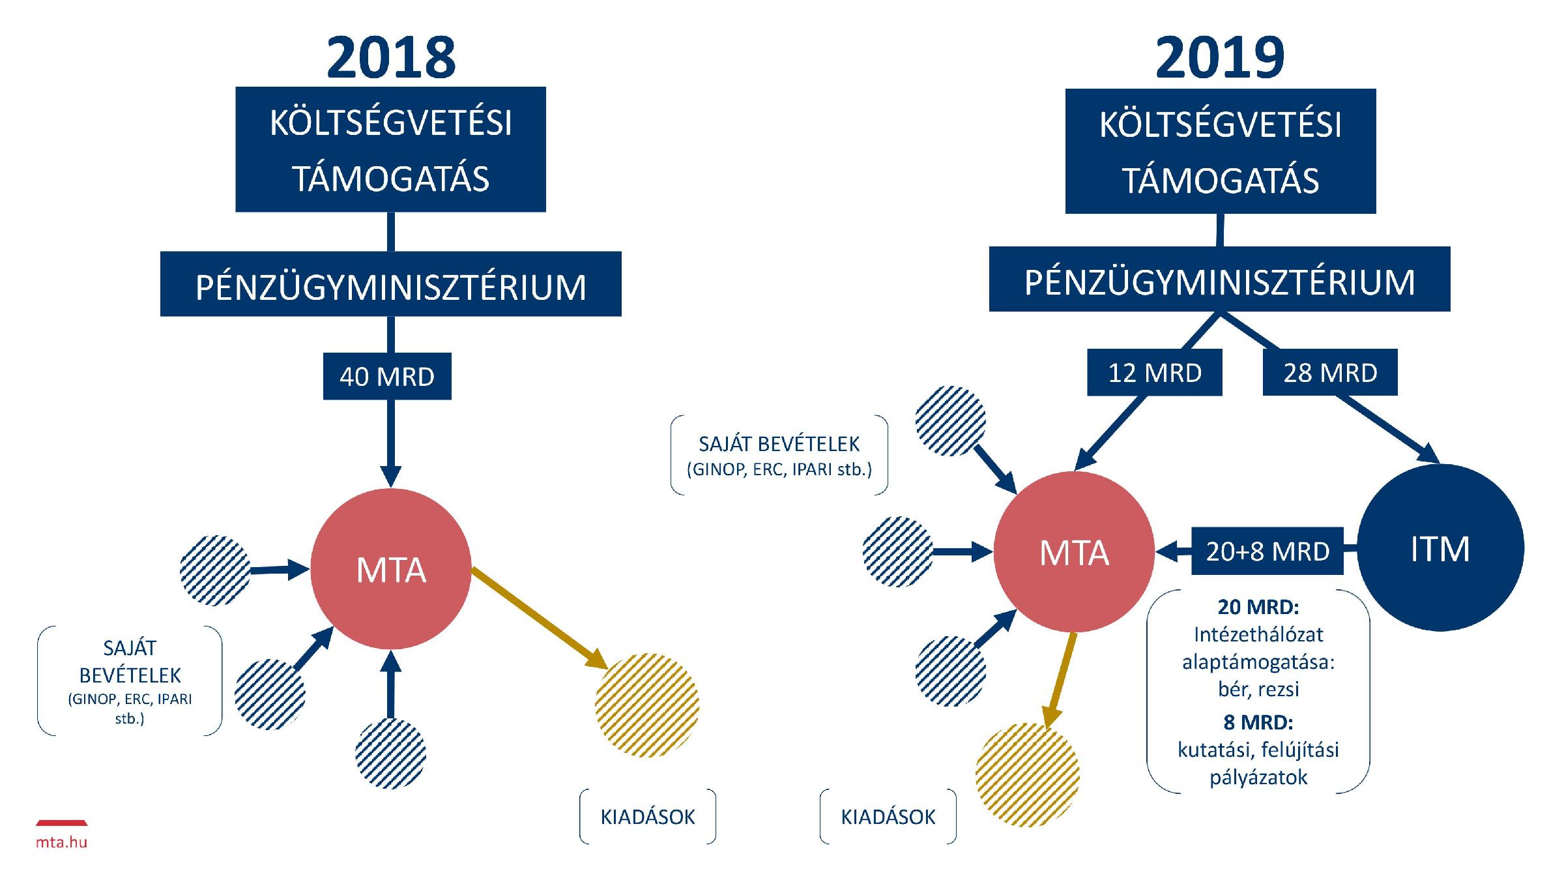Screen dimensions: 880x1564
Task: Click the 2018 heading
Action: click(391, 57)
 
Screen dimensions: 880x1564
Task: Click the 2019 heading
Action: click(1220, 57)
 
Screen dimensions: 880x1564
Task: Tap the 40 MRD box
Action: click(387, 376)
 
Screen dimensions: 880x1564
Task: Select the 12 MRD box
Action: click(1154, 373)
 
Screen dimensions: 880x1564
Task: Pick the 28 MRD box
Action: click(1330, 373)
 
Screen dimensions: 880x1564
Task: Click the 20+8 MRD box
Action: click(1267, 551)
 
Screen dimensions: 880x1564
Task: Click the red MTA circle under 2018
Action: click(391, 569)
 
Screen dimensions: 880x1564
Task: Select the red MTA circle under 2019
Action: click(1073, 552)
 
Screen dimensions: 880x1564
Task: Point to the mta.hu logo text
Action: click(61, 842)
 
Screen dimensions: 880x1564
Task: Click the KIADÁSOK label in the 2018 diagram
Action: click(648, 817)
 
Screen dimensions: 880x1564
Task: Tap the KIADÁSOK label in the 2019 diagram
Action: click(888, 817)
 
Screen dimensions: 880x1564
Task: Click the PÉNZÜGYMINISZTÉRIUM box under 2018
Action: click(391, 285)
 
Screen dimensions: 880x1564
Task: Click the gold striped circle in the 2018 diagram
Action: click(647, 705)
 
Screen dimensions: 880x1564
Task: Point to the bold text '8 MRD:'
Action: click(1258, 722)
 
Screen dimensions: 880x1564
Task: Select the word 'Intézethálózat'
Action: click(1258, 634)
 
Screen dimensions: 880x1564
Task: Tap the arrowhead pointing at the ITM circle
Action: click(1428, 454)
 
